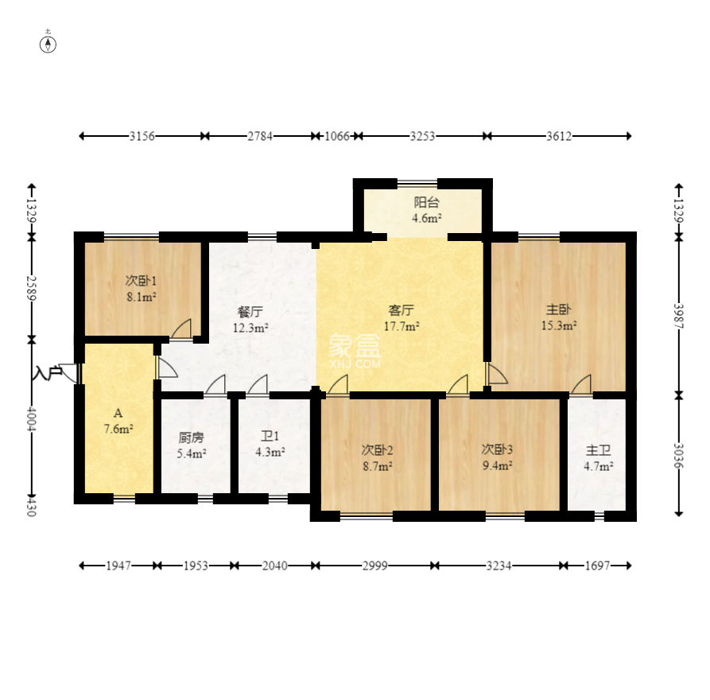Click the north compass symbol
coord(48,44)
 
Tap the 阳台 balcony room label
coord(426,210)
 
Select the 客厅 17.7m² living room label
coord(402,318)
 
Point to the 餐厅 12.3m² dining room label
coord(250,320)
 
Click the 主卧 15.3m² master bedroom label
coord(559,317)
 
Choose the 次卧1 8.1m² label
coord(142,289)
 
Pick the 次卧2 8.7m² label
coord(377,457)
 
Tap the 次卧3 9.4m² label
coord(497,457)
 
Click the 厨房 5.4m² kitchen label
coord(192,445)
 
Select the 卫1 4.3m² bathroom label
coord(270,444)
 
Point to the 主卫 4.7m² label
coord(598,458)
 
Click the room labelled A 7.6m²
coord(118,421)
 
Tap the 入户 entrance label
coord(47,373)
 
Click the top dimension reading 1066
coord(337,136)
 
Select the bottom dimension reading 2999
coord(375,566)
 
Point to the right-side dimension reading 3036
coord(678,455)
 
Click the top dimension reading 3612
coord(559,136)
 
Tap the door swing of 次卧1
coord(181,329)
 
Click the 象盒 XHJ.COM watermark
coord(355,352)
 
